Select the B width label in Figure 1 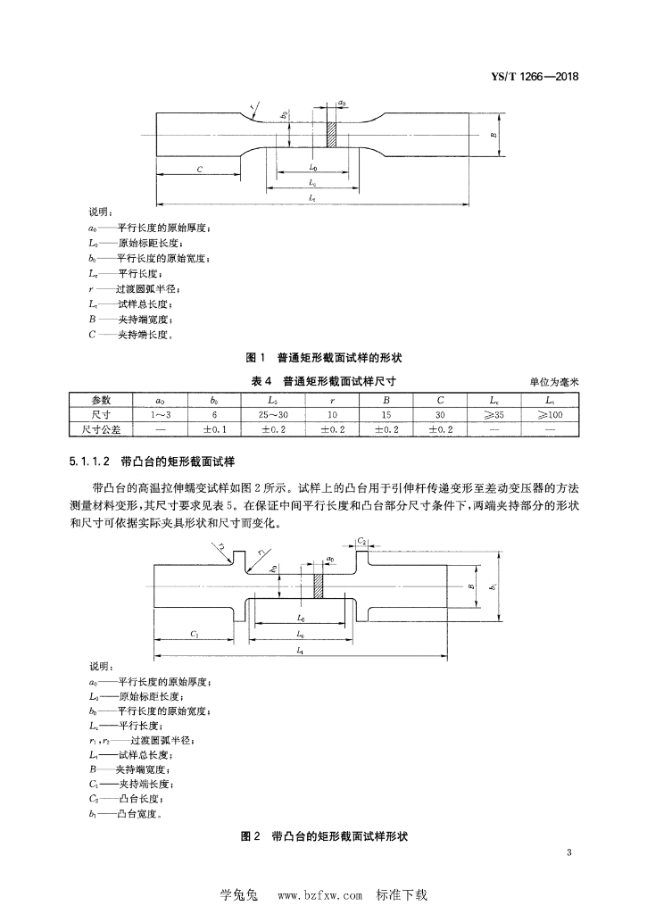click(x=494, y=136)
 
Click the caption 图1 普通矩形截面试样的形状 click(x=323, y=358)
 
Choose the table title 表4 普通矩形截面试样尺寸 click(x=322, y=380)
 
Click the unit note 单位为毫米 click(x=554, y=381)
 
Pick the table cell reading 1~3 click(x=159, y=414)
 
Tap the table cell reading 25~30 click(x=271, y=414)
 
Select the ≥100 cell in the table click(x=552, y=414)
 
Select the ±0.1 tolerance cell click(x=215, y=429)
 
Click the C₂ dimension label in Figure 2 click(x=362, y=541)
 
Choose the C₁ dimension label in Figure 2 click(x=195, y=633)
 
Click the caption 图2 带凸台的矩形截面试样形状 click(x=323, y=836)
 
